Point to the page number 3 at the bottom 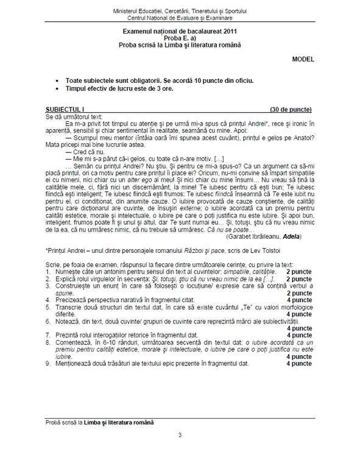click(x=180, y=435)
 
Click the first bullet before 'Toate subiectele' click(x=58, y=80)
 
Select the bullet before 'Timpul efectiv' click(x=58, y=88)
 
